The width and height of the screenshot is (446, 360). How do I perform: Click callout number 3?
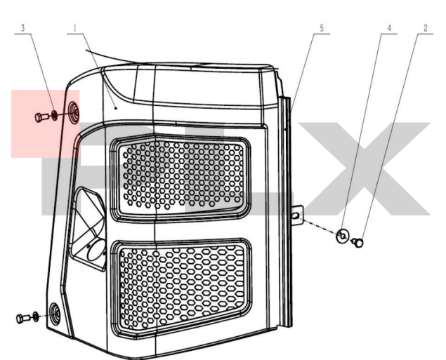tap(23, 28)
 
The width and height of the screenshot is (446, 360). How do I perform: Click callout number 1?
tap(75, 28)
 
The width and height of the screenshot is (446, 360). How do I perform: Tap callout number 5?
tap(322, 28)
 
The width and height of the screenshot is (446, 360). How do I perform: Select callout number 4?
tap(389, 28)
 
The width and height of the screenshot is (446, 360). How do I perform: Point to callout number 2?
tap(426, 28)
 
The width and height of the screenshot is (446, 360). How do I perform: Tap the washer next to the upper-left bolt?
tap(54, 115)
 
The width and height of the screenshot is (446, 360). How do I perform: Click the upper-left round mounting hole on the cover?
tap(74, 112)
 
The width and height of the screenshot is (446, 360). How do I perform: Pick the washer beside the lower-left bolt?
tap(36, 316)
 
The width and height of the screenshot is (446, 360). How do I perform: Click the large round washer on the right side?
tap(342, 236)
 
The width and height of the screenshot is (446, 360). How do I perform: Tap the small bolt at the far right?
tap(358, 243)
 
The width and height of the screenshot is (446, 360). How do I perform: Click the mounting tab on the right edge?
tap(297, 215)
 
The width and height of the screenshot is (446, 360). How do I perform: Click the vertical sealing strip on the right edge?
tap(285, 212)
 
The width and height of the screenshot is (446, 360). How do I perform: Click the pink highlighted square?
tap(45, 124)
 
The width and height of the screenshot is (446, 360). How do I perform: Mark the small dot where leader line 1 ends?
tap(116, 108)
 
